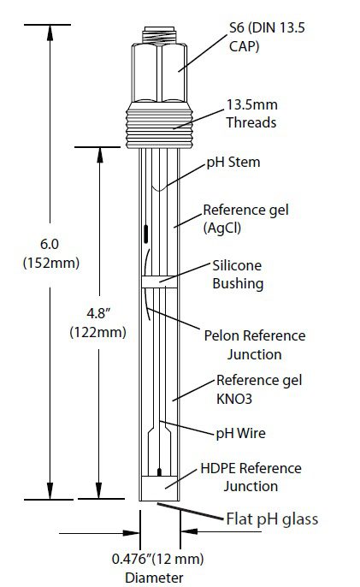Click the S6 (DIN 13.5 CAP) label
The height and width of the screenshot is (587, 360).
[x=267, y=37]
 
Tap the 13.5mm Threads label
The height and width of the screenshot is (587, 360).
[x=251, y=114]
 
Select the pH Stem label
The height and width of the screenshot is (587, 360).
[x=233, y=162]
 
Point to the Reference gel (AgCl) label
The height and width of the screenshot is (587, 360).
[x=246, y=219]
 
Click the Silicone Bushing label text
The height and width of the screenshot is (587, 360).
[x=238, y=275]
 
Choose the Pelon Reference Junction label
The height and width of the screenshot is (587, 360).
[x=255, y=345]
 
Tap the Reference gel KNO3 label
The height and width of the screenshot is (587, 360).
[x=259, y=389]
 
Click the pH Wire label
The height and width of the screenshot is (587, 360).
[x=240, y=433]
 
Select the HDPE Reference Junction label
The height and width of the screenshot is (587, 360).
[x=251, y=477]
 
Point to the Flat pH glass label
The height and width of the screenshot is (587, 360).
[x=272, y=519]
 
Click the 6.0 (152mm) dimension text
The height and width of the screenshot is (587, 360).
[x=51, y=253]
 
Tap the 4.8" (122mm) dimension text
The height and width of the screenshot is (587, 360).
[x=97, y=323]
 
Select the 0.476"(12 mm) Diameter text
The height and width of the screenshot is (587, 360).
[x=157, y=567]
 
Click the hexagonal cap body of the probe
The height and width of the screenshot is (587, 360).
[x=159, y=73]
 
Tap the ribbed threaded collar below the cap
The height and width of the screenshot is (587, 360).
[x=159, y=124]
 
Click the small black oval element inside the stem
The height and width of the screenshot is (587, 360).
[x=145, y=234]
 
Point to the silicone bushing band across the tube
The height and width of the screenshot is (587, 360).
[x=159, y=282]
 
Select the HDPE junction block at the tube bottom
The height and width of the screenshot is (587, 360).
[x=159, y=488]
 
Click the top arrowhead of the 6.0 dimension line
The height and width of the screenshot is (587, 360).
[x=50, y=33]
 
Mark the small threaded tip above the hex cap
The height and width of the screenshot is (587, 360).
[x=159, y=35]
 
